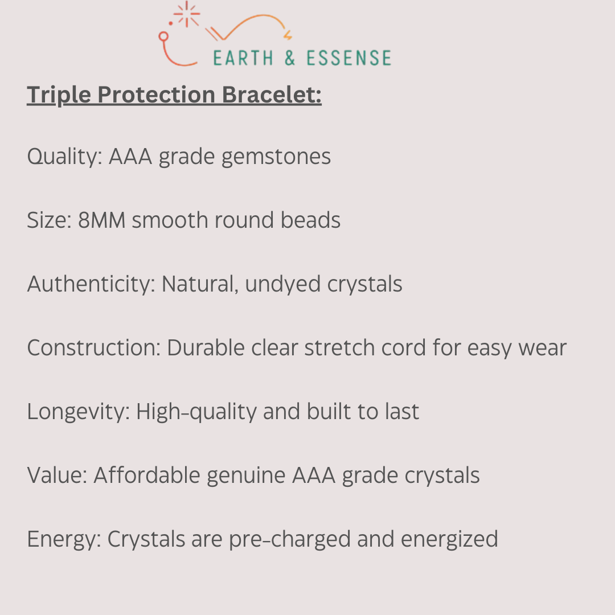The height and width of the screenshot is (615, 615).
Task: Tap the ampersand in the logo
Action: click(x=290, y=58)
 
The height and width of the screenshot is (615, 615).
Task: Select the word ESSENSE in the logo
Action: click(x=348, y=58)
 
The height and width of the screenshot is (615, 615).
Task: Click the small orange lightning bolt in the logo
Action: click(x=288, y=36)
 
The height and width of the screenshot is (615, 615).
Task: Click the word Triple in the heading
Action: click(x=59, y=95)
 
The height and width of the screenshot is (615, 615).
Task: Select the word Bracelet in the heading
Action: click(x=272, y=95)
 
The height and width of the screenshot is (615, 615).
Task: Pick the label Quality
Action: click(x=64, y=156)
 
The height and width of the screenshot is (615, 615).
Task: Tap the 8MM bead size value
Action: click(x=101, y=220)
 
